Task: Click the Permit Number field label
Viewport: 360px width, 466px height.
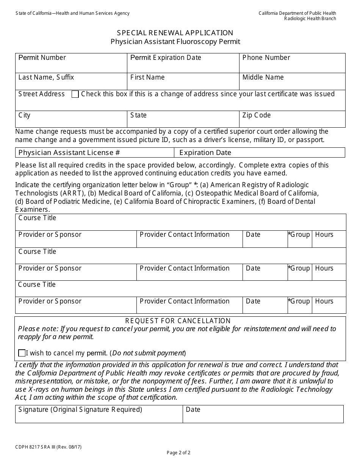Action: (x=42, y=58)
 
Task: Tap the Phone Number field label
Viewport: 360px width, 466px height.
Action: (x=266, y=58)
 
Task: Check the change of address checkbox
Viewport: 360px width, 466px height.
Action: (x=75, y=94)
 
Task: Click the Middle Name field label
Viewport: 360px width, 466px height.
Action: (x=263, y=77)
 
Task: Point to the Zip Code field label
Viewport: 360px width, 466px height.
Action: (x=256, y=115)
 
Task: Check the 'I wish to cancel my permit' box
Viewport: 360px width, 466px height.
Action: (x=22, y=353)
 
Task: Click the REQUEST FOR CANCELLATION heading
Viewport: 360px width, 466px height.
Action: (x=178, y=321)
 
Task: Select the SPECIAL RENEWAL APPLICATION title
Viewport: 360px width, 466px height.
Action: (x=175, y=33)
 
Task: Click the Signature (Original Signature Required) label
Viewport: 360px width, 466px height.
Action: (x=80, y=410)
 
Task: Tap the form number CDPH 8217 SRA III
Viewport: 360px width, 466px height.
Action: (x=48, y=447)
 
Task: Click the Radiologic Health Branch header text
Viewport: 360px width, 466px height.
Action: (x=310, y=19)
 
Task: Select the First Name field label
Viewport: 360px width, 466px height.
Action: (x=147, y=77)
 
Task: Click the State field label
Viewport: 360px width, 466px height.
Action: (x=138, y=115)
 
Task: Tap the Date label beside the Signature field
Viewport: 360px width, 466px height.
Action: (x=193, y=410)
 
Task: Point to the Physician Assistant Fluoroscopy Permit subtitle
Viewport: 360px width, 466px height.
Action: (x=175, y=42)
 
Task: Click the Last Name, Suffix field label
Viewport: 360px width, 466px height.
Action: (x=46, y=77)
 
